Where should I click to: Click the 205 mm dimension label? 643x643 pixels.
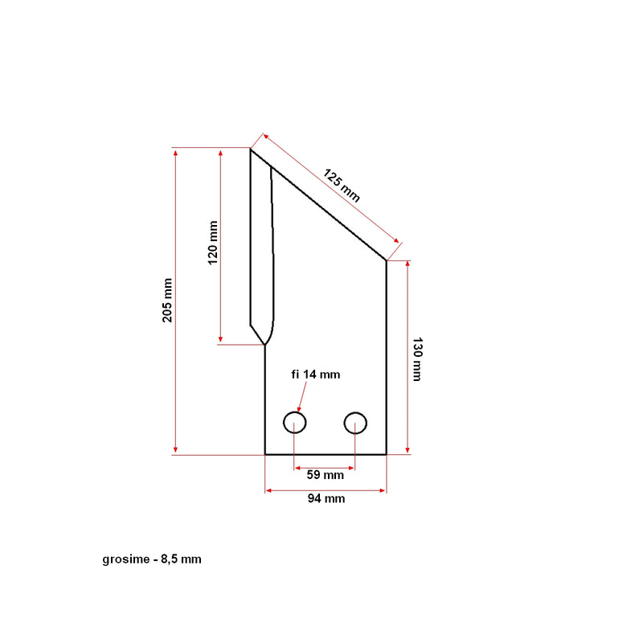click(167, 300)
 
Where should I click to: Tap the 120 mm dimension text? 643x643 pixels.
click(213, 243)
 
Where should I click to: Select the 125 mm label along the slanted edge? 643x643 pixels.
click(341, 186)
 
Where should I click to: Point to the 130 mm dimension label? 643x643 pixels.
click(417, 359)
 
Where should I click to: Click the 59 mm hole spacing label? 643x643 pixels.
click(326, 475)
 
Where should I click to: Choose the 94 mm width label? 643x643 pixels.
click(326, 498)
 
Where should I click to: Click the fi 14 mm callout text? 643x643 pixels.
click(315, 375)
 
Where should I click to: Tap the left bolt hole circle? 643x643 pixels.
click(295, 423)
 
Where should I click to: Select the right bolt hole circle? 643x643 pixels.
click(355, 423)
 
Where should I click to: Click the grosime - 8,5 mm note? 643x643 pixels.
click(152, 559)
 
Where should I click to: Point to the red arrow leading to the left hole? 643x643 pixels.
click(302, 396)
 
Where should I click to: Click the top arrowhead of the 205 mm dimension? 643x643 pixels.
click(175, 153)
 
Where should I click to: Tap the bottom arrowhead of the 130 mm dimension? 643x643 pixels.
click(408, 450)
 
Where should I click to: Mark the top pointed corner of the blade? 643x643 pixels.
click(251, 149)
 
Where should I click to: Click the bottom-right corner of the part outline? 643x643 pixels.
click(386, 454)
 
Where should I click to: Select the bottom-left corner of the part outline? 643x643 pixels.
click(265, 454)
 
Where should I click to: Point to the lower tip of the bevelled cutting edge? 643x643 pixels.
click(265, 345)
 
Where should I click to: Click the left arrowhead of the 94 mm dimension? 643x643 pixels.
click(268, 490)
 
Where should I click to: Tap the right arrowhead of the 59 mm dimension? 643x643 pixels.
click(351, 468)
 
